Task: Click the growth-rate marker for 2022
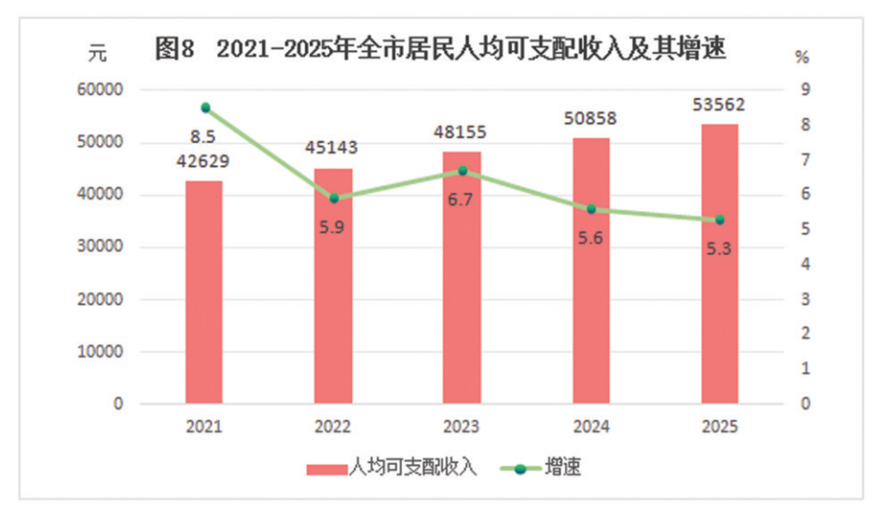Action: (334, 198)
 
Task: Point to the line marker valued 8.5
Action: (205, 107)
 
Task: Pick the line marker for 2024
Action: (590, 209)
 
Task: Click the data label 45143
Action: (331, 147)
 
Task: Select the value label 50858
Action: (590, 119)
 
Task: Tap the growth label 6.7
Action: (463, 202)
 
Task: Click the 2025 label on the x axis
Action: (719, 427)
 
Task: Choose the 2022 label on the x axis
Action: (333, 427)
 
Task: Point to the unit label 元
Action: (98, 54)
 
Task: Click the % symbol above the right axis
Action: (801, 56)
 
